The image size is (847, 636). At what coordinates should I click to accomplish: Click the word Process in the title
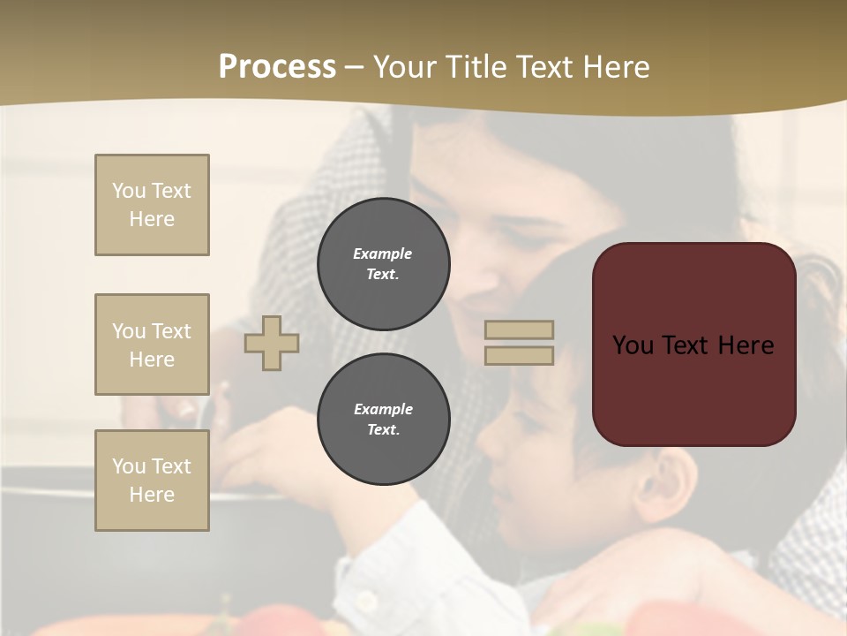277,66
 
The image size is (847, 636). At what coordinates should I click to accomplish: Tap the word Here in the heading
617,66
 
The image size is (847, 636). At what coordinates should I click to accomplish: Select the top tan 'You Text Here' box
152,205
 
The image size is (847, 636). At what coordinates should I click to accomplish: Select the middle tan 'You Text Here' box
152,344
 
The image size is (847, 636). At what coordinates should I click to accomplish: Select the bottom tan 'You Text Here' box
152,481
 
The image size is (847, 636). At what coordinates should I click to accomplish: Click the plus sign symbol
272,343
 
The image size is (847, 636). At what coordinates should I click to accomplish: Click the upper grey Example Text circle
384,263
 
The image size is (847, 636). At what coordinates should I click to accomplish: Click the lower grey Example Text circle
384,420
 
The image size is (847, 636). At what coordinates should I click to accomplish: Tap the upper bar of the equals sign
520,329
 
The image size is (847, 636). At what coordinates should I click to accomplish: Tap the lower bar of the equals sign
520,355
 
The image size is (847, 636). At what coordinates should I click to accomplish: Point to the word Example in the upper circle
383,254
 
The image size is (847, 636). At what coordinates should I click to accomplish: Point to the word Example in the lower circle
383,409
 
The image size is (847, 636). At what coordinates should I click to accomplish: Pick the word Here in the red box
746,345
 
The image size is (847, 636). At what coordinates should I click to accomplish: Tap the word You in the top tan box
129,191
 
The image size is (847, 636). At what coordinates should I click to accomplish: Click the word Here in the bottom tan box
152,495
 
